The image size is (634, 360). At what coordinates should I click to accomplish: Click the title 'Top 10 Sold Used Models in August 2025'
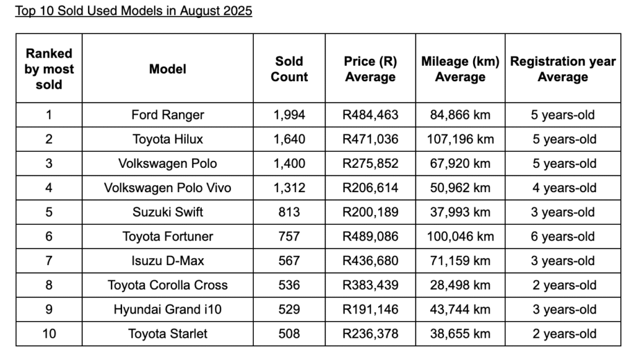pyautogui.click(x=134, y=11)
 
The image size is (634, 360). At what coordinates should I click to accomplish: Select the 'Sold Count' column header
pyautogui.click(x=289, y=69)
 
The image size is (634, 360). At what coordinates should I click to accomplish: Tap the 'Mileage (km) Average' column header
pyautogui.click(x=460, y=69)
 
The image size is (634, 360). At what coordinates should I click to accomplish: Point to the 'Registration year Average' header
pyautogui.click(x=563, y=69)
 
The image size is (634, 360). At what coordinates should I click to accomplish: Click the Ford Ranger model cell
pyautogui.click(x=167, y=115)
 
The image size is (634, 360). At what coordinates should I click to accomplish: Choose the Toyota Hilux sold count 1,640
pyautogui.click(x=289, y=139)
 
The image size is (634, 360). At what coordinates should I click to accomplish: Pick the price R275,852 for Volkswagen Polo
pyautogui.click(x=370, y=164)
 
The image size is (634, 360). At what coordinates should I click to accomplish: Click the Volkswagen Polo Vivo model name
pyautogui.click(x=167, y=188)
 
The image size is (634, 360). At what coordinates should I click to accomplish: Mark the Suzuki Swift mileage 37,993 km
pyautogui.click(x=460, y=212)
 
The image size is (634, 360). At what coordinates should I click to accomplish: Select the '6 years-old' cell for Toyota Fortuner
pyautogui.click(x=563, y=236)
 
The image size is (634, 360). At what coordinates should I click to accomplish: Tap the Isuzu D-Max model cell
pyautogui.click(x=167, y=260)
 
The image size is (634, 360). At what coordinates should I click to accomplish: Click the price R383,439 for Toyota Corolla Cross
pyautogui.click(x=370, y=285)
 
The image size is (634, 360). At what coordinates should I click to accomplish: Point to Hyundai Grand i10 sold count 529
pyautogui.click(x=289, y=309)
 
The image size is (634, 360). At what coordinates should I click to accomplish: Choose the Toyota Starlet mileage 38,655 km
pyautogui.click(x=460, y=333)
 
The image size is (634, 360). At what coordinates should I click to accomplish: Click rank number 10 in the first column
pyautogui.click(x=49, y=333)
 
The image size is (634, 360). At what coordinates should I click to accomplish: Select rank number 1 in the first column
pyautogui.click(x=49, y=115)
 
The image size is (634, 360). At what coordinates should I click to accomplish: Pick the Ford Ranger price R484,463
pyautogui.click(x=370, y=115)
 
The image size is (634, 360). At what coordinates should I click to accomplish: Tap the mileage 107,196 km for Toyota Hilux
pyautogui.click(x=460, y=139)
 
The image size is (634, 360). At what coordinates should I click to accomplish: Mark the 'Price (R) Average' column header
pyautogui.click(x=370, y=69)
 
